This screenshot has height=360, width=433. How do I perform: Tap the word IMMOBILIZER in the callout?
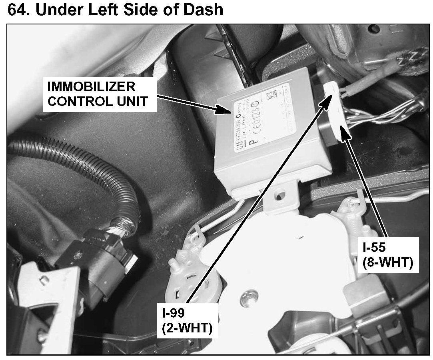[x=91, y=86]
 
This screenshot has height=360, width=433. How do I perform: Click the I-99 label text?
[x=172, y=311]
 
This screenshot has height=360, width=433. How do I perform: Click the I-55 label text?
[x=375, y=247]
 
